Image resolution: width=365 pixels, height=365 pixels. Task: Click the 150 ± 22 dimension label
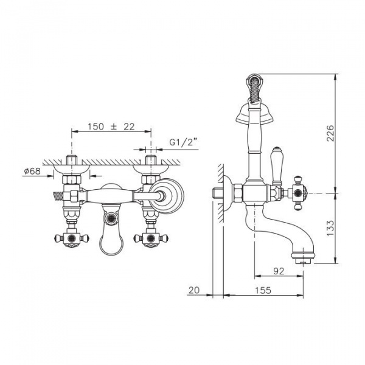(111, 127)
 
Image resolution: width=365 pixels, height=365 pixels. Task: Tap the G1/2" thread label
(183, 142)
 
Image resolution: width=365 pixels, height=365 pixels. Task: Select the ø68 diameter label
(32, 171)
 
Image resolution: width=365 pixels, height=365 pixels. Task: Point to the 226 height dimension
(330, 133)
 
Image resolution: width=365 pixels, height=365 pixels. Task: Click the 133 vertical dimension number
(330, 228)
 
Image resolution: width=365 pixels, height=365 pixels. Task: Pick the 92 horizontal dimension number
(279, 271)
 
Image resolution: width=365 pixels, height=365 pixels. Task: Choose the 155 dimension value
(263, 290)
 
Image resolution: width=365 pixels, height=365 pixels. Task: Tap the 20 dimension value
(194, 290)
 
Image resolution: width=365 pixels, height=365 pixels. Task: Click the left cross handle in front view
(71, 238)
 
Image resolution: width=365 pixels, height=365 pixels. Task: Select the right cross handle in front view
(151, 238)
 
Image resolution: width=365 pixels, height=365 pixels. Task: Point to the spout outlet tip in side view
(303, 262)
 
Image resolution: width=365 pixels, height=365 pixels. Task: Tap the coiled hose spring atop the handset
(254, 88)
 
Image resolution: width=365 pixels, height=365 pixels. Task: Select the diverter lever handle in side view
(277, 167)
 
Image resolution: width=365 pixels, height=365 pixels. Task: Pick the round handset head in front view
(166, 196)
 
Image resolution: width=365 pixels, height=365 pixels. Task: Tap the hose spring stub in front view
(58, 196)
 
